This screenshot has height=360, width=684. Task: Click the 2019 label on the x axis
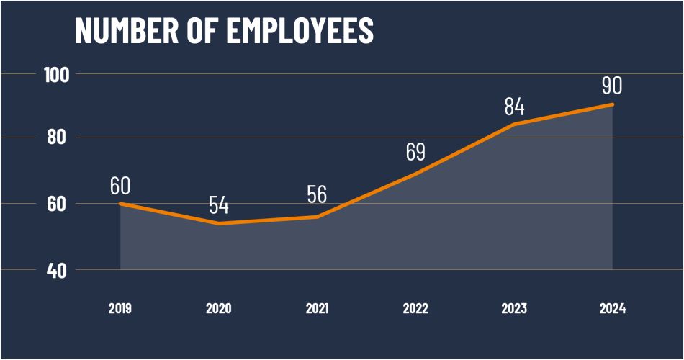[x=120, y=309]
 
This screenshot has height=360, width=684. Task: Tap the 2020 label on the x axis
[x=219, y=309]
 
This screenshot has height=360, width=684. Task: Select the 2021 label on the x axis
[x=317, y=309]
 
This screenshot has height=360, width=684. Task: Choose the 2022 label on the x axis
[x=415, y=309]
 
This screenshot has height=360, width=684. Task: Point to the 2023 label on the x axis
[x=514, y=309]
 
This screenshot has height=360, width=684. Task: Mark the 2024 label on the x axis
[x=613, y=309]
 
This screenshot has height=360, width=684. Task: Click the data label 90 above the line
[x=612, y=86]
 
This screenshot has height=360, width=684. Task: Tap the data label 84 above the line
[x=514, y=107]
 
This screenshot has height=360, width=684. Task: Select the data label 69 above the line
[x=415, y=152]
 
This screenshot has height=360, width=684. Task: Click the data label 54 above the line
[x=219, y=205]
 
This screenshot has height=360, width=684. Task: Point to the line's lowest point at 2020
[x=219, y=223]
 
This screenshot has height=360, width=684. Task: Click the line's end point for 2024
[x=613, y=105]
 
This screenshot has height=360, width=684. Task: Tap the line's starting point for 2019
[x=120, y=204]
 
